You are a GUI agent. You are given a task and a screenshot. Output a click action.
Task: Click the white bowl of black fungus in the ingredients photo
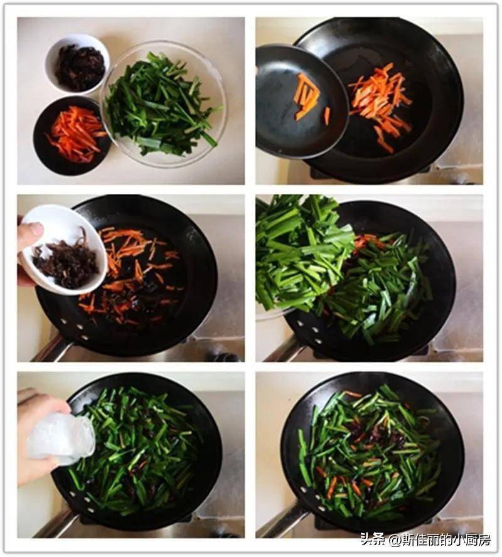click(x=77, y=63)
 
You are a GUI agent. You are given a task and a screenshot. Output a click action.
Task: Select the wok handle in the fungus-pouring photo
click(x=50, y=350)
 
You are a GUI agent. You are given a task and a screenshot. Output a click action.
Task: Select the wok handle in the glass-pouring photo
click(x=53, y=525)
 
